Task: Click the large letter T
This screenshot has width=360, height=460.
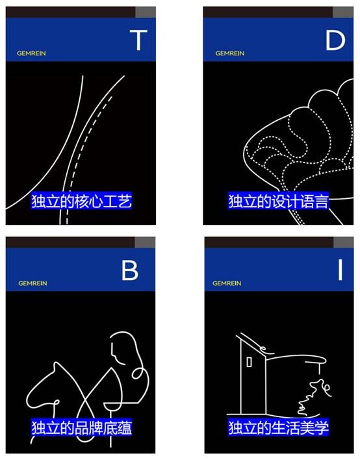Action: (x=138, y=40)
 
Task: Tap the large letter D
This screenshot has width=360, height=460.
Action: (x=335, y=40)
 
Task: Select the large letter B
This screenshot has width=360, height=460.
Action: (x=130, y=270)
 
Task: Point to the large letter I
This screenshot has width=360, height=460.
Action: (x=340, y=270)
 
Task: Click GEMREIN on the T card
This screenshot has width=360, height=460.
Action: (x=31, y=53)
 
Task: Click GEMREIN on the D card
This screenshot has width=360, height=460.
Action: (x=230, y=53)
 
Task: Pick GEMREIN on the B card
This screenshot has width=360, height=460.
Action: (x=32, y=283)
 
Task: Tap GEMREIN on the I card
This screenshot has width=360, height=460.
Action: (x=227, y=283)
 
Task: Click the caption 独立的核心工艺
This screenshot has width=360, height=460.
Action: (x=82, y=201)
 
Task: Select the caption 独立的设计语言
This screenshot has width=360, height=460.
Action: (x=278, y=201)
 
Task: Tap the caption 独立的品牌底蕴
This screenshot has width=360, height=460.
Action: (x=82, y=428)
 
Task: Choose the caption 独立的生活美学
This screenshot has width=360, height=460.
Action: (x=278, y=428)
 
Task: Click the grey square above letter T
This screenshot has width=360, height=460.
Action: (x=146, y=12)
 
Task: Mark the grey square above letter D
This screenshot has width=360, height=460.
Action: (x=343, y=12)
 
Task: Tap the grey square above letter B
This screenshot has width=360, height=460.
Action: (x=145, y=242)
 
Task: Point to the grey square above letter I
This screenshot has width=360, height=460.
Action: (x=344, y=242)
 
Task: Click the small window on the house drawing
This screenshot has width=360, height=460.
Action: (x=249, y=362)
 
